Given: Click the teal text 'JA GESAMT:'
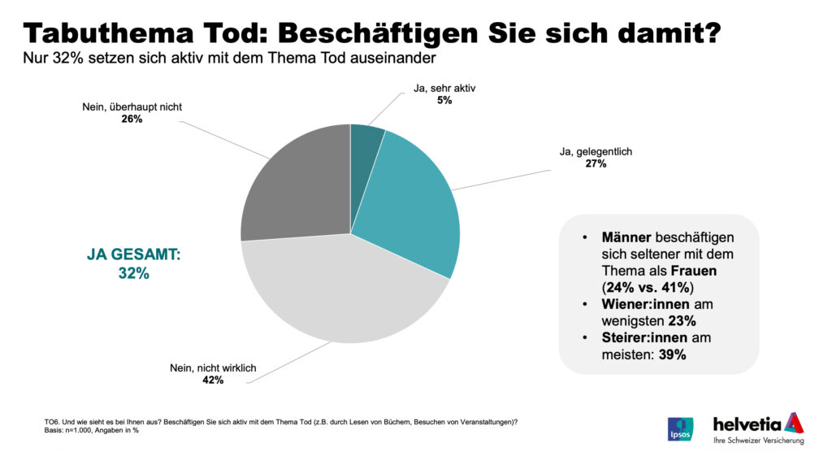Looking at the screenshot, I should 133,255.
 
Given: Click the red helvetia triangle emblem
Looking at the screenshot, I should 793,423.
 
